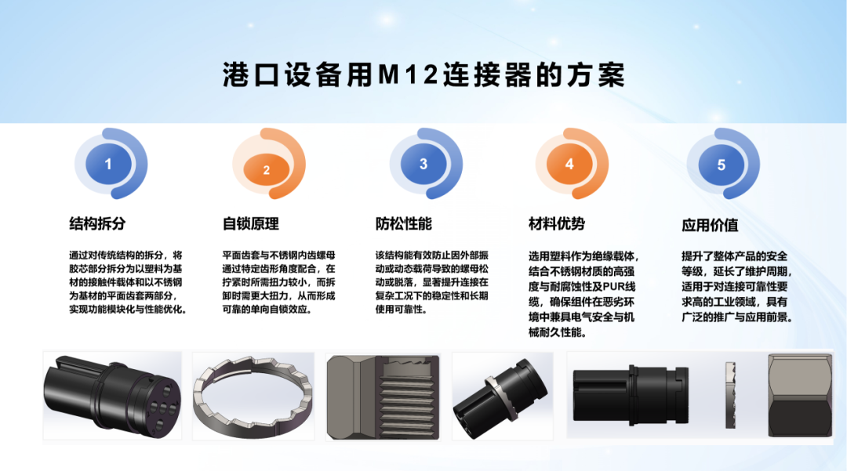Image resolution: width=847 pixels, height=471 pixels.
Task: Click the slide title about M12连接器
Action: (x=423, y=74)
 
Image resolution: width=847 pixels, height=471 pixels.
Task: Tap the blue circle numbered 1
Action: (x=108, y=164)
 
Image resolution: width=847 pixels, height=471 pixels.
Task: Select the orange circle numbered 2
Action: (x=267, y=170)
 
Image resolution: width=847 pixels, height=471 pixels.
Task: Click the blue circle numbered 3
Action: (x=423, y=164)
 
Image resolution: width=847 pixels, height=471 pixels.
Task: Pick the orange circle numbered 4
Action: (x=569, y=164)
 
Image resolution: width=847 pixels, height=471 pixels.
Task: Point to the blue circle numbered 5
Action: (x=722, y=165)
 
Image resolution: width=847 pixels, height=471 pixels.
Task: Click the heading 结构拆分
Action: (x=97, y=223)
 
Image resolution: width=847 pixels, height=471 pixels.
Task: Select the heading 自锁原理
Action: (x=251, y=223)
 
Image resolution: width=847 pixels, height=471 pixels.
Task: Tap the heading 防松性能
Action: (x=404, y=223)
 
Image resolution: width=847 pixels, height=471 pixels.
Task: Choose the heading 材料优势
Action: (x=556, y=223)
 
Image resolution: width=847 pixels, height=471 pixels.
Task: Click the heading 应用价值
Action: (x=710, y=225)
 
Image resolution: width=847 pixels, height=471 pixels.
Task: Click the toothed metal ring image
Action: (x=253, y=396)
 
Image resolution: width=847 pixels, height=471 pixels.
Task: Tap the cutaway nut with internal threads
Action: (x=383, y=396)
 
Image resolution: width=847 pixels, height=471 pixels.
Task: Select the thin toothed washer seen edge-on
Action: (x=730, y=396)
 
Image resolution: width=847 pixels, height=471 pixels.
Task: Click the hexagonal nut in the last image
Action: (x=800, y=396)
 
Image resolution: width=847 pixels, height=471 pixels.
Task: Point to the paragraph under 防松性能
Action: (x=431, y=282)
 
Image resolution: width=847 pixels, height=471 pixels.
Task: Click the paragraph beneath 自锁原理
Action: (x=278, y=282)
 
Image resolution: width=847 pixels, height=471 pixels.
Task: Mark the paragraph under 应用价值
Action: (x=736, y=287)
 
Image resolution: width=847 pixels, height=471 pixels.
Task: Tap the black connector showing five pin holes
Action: (x=112, y=396)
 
